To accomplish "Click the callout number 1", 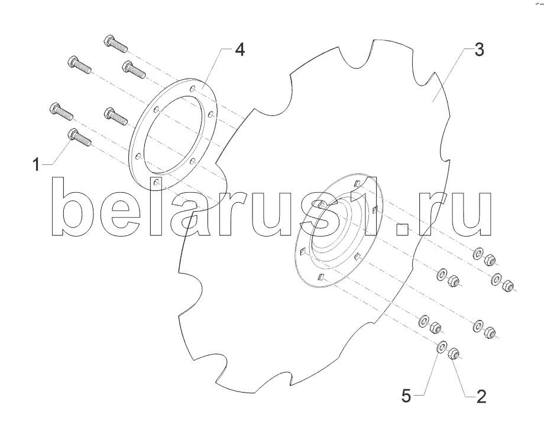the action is [37, 164].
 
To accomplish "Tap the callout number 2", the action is [481, 396].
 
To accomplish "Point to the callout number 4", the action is [239, 50].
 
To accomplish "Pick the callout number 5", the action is [406, 396].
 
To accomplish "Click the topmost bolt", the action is [115, 43].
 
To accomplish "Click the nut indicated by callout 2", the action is [454, 354].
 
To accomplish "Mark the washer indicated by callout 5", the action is [442, 347].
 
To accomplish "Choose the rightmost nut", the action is [507, 286].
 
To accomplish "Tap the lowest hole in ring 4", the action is [157, 182].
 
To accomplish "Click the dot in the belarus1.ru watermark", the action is [403, 229].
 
